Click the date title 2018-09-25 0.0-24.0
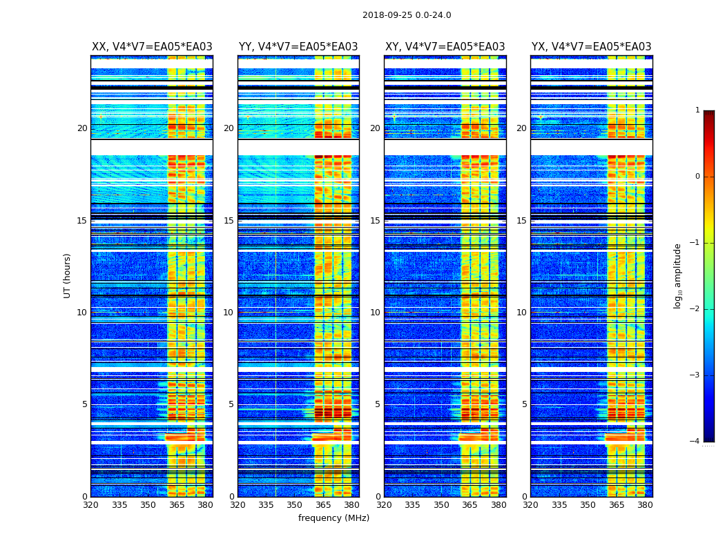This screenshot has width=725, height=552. click(x=407, y=15)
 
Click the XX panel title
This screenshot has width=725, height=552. click(x=152, y=47)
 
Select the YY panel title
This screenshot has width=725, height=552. click(x=298, y=47)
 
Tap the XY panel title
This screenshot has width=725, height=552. click(x=445, y=47)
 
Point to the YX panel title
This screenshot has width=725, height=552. click(x=591, y=47)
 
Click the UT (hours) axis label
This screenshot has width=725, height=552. click(x=68, y=275)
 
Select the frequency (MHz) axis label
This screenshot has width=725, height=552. click(x=333, y=518)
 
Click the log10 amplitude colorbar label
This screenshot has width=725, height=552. click(x=677, y=275)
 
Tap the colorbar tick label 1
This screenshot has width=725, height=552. click(x=697, y=110)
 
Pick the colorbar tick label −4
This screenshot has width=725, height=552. click(x=695, y=442)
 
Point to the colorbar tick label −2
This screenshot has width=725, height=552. click(x=695, y=309)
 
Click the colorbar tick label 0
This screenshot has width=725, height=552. click(x=697, y=177)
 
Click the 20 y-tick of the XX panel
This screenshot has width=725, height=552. click(x=82, y=128)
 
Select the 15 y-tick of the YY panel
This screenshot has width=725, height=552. click(x=229, y=221)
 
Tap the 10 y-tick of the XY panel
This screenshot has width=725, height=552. click(x=375, y=313)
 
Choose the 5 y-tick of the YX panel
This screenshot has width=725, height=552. click(x=524, y=404)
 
